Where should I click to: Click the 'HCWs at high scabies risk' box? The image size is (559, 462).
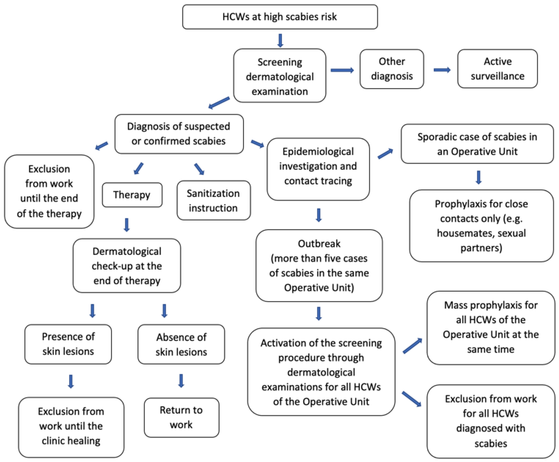click(280, 17)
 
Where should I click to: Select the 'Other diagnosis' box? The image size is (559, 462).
click(392, 69)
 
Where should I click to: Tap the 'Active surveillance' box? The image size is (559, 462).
click(497, 69)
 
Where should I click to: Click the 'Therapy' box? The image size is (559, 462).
click(132, 195)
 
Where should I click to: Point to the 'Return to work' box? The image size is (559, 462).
click(181, 417)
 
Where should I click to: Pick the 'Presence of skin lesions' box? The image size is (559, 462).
click(68, 344)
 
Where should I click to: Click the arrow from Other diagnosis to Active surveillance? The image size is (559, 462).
click(442, 70)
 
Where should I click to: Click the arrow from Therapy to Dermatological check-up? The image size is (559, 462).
click(127, 225)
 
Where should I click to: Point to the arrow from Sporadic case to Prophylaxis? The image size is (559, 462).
click(479, 177)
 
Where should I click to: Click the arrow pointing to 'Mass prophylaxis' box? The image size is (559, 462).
click(412, 346)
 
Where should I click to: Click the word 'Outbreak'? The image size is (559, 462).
click(319, 243)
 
